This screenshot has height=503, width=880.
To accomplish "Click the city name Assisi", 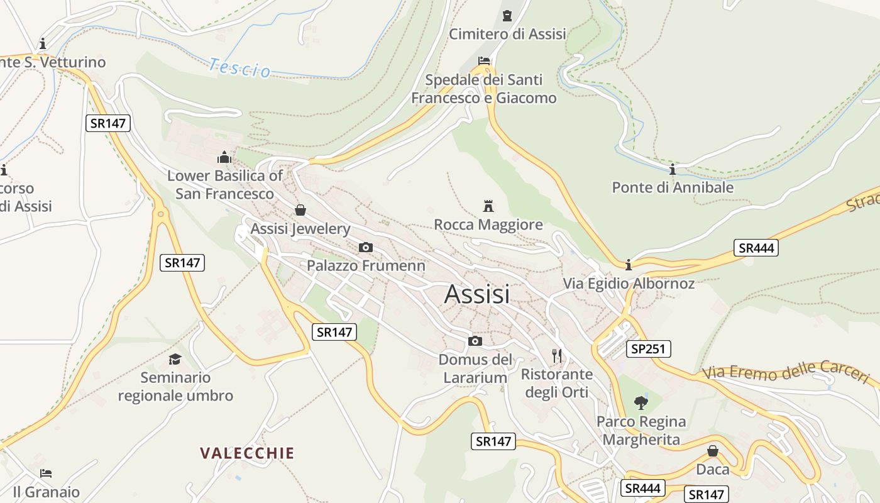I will coord(477,294).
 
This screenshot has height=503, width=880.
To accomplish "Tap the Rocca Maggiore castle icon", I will coord(488,206).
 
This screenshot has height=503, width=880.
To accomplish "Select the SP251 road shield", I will coord(649,348).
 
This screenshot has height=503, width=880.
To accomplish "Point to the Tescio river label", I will coord(239,67).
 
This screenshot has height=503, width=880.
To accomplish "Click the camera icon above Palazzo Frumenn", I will coord(365,248).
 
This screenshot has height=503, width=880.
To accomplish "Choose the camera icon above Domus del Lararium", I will coord(475,341).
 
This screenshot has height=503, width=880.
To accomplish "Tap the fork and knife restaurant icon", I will coord(557,356).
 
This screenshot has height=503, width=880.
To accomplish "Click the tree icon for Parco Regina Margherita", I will coord(641,402).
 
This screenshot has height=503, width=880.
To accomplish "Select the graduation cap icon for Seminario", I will coord(175,359).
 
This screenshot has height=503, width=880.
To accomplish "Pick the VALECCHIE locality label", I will coord(247,453).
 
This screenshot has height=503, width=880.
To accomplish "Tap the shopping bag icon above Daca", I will coord(713,451).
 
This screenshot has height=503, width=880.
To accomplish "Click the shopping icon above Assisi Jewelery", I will coord(300,210).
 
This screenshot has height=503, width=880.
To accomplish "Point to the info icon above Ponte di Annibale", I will coord(673,169).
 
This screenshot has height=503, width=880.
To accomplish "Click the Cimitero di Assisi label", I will coord(507,34).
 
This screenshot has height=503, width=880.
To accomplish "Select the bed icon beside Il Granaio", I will coord(46,473).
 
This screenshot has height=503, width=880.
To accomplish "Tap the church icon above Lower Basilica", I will coord(224,157).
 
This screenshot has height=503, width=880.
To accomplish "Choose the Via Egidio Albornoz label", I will coord(629,284).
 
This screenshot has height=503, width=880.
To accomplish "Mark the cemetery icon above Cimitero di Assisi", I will coord(507,15).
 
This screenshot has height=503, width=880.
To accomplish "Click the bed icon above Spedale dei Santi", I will coord(484,61).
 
